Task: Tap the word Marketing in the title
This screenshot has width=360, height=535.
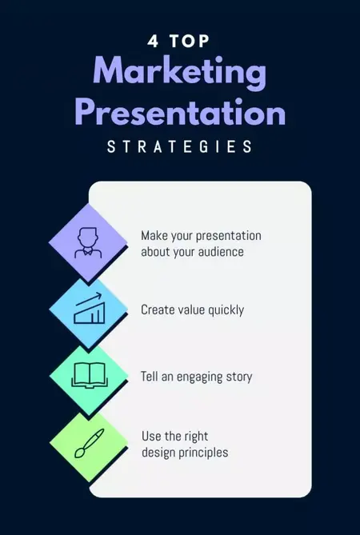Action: pyautogui.click(x=179, y=74)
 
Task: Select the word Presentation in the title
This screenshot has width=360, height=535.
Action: pyautogui.click(x=179, y=112)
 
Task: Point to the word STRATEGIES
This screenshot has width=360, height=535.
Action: pyautogui.click(x=179, y=147)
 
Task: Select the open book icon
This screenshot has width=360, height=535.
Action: pyautogui.click(x=89, y=374)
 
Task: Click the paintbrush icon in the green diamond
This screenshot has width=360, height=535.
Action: pyautogui.click(x=89, y=443)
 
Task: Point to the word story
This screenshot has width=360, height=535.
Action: pyautogui.click(x=240, y=376)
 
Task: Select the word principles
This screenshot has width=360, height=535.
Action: pyautogui.click(x=203, y=453)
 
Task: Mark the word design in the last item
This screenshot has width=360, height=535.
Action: pyautogui.click(x=158, y=453)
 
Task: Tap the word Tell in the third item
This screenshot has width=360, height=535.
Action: pyautogui.click(x=150, y=376)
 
